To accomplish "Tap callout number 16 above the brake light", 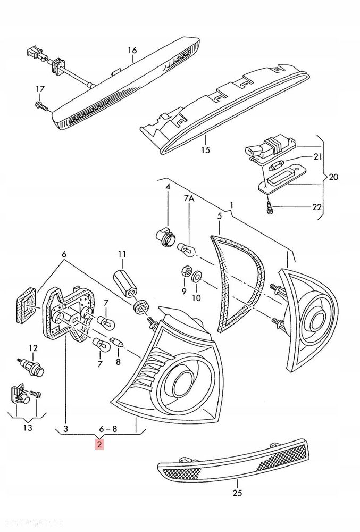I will (x=132, y=51).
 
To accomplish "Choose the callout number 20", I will (x=333, y=177).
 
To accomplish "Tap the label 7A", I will (x=190, y=198).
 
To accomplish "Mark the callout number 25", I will (x=237, y=493).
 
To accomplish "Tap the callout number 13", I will (x=28, y=428).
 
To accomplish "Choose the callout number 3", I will (x=65, y=428).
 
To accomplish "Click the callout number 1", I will (x=231, y=205).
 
